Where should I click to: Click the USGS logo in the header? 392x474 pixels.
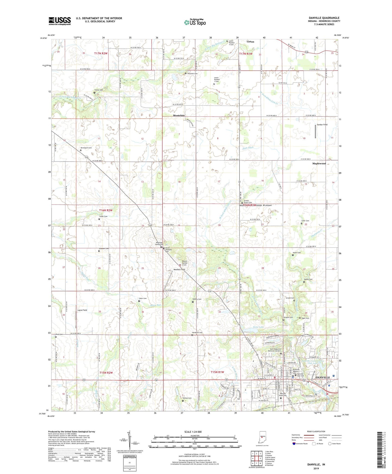[x=60, y=21]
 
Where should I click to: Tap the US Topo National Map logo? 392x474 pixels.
[x=195, y=22]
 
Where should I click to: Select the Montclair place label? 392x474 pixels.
[x=179, y=115]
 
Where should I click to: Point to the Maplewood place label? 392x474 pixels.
[x=319, y=163]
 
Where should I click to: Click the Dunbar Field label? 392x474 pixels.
[x=322, y=125]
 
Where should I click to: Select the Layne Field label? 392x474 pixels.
[x=82, y=310]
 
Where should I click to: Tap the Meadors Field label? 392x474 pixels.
[x=179, y=270]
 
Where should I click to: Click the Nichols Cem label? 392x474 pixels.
[x=187, y=398]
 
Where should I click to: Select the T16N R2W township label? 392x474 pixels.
[x=106, y=210]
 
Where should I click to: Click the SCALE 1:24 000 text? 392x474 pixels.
[x=193, y=432]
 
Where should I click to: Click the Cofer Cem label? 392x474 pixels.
[x=305, y=221]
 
